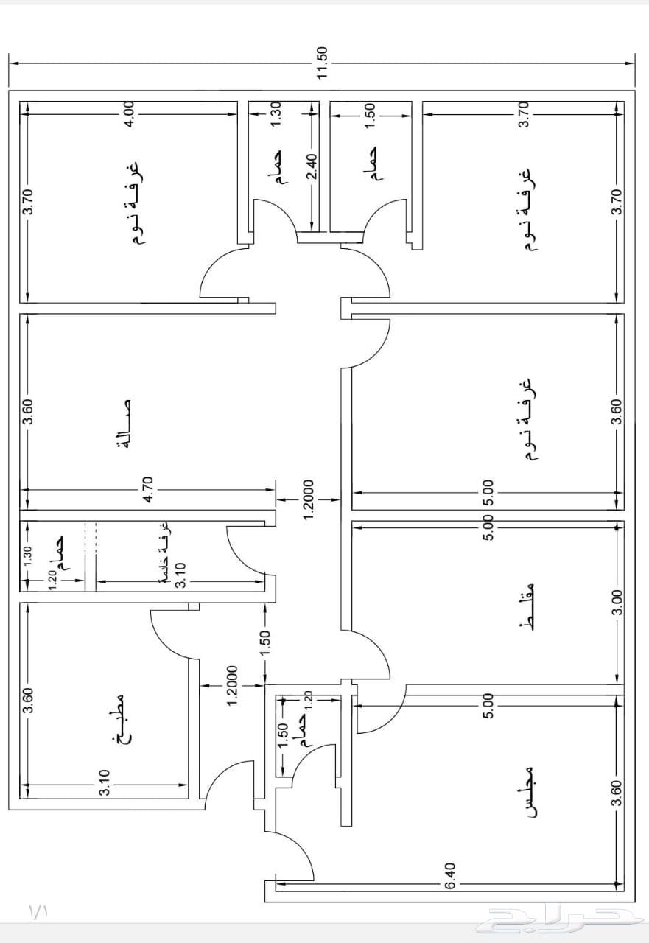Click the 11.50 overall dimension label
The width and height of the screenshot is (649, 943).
coord(322,63)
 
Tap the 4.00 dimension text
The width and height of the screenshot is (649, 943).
coord(130,113)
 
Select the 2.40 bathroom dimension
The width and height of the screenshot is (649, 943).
coord(312,166)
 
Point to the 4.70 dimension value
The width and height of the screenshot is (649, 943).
coord(149,490)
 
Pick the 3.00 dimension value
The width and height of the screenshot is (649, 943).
coord(617,602)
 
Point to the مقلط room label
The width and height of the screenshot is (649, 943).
coord(526,606)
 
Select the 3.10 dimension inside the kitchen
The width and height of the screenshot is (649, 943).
coord(105,782)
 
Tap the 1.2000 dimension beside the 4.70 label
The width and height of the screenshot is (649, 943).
coord(309,499)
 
